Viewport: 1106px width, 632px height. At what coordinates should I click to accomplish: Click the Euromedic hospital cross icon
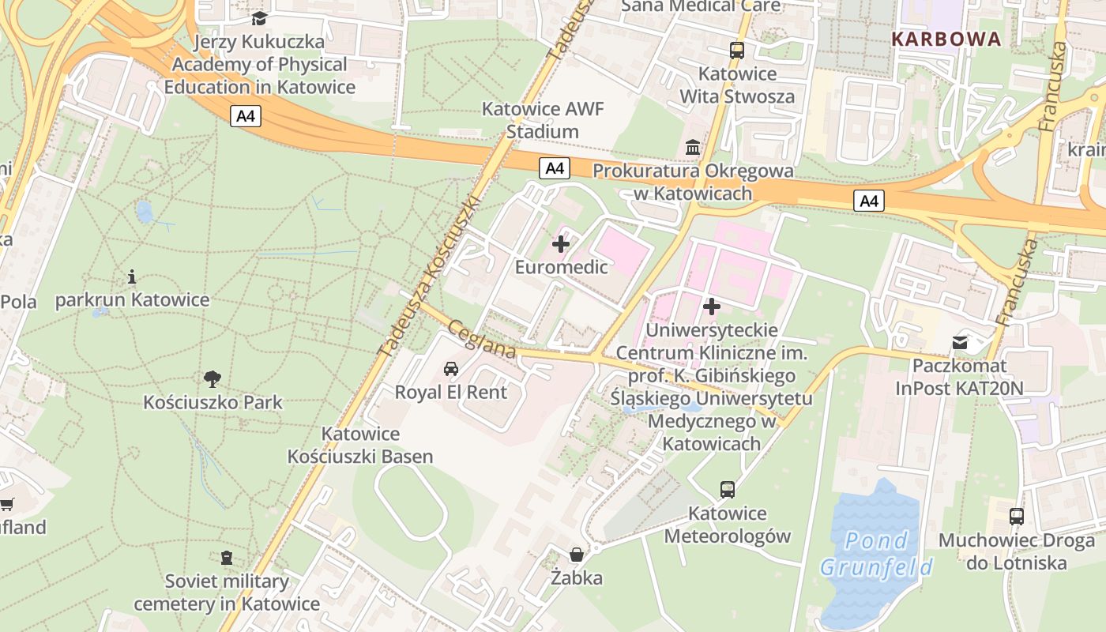pyautogui.click(x=561, y=244)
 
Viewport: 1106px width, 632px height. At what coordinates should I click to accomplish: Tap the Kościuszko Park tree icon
pyautogui.click(x=212, y=379)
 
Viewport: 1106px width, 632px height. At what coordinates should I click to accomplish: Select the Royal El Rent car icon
pyautogui.click(x=450, y=368)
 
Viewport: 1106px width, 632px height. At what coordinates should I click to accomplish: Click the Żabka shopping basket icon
pyautogui.click(x=577, y=555)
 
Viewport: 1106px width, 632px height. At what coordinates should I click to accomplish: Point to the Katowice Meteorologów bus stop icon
pyautogui.click(x=728, y=490)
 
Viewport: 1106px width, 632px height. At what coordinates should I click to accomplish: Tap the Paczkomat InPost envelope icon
pyautogui.click(x=960, y=343)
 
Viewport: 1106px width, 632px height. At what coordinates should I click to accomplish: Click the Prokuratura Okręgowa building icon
pyautogui.click(x=693, y=147)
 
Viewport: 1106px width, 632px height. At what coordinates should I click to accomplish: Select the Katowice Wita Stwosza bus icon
pyautogui.click(x=737, y=51)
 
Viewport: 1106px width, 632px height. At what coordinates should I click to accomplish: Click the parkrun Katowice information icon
pyautogui.click(x=132, y=276)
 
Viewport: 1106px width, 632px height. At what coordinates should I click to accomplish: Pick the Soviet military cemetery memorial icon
pyautogui.click(x=227, y=558)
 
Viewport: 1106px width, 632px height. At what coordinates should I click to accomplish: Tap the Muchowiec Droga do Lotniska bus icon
pyautogui.click(x=1017, y=517)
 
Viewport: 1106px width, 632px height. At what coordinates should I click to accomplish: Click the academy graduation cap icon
pyautogui.click(x=259, y=18)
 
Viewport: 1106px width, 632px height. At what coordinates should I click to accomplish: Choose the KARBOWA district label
pyautogui.click(x=946, y=39)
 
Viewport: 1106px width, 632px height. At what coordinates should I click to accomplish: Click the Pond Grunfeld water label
pyautogui.click(x=876, y=554)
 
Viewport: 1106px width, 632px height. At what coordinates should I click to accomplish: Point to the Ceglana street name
pyautogui.click(x=482, y=339)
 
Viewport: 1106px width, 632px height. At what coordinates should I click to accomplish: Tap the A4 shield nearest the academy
pyautogui.click(x=246, y=116)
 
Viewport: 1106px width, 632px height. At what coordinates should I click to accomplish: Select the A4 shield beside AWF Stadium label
pyautogui.click(x=555, y=167)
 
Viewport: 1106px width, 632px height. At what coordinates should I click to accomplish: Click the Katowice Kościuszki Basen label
pyautogui.click(x=360, y=445)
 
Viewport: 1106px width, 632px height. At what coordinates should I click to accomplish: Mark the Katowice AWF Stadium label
pyautogui.click(x=543, y=120)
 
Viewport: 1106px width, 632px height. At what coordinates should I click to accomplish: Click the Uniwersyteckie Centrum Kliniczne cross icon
pyautogui.click(x=712, y=306)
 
